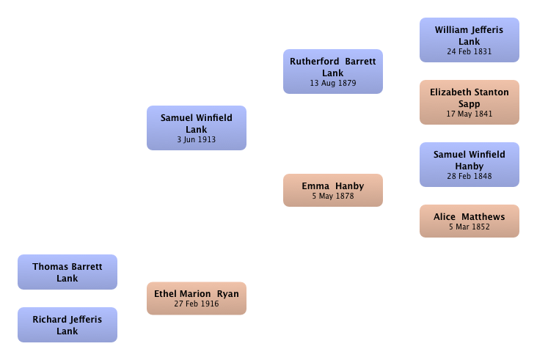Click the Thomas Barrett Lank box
pos(67,272)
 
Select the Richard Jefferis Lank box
pos(67,325)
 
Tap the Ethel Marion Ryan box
pos(197,298)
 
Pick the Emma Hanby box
pos(333,191)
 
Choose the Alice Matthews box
pos(470,221)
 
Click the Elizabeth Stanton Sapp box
pos(470,103)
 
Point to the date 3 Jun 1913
pos(196,139)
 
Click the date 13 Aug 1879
pos(333,83)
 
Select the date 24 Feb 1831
pos(470,51)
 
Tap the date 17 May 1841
pos(470,114)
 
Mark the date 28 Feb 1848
pos(470,176)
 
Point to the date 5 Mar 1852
pos(470,227)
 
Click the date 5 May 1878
pos(333,196)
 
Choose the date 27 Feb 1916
pos(196,304)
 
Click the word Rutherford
pos(315,62)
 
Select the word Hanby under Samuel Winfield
pos(470,166)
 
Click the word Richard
pos(49,319)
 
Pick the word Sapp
pos(470,104)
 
